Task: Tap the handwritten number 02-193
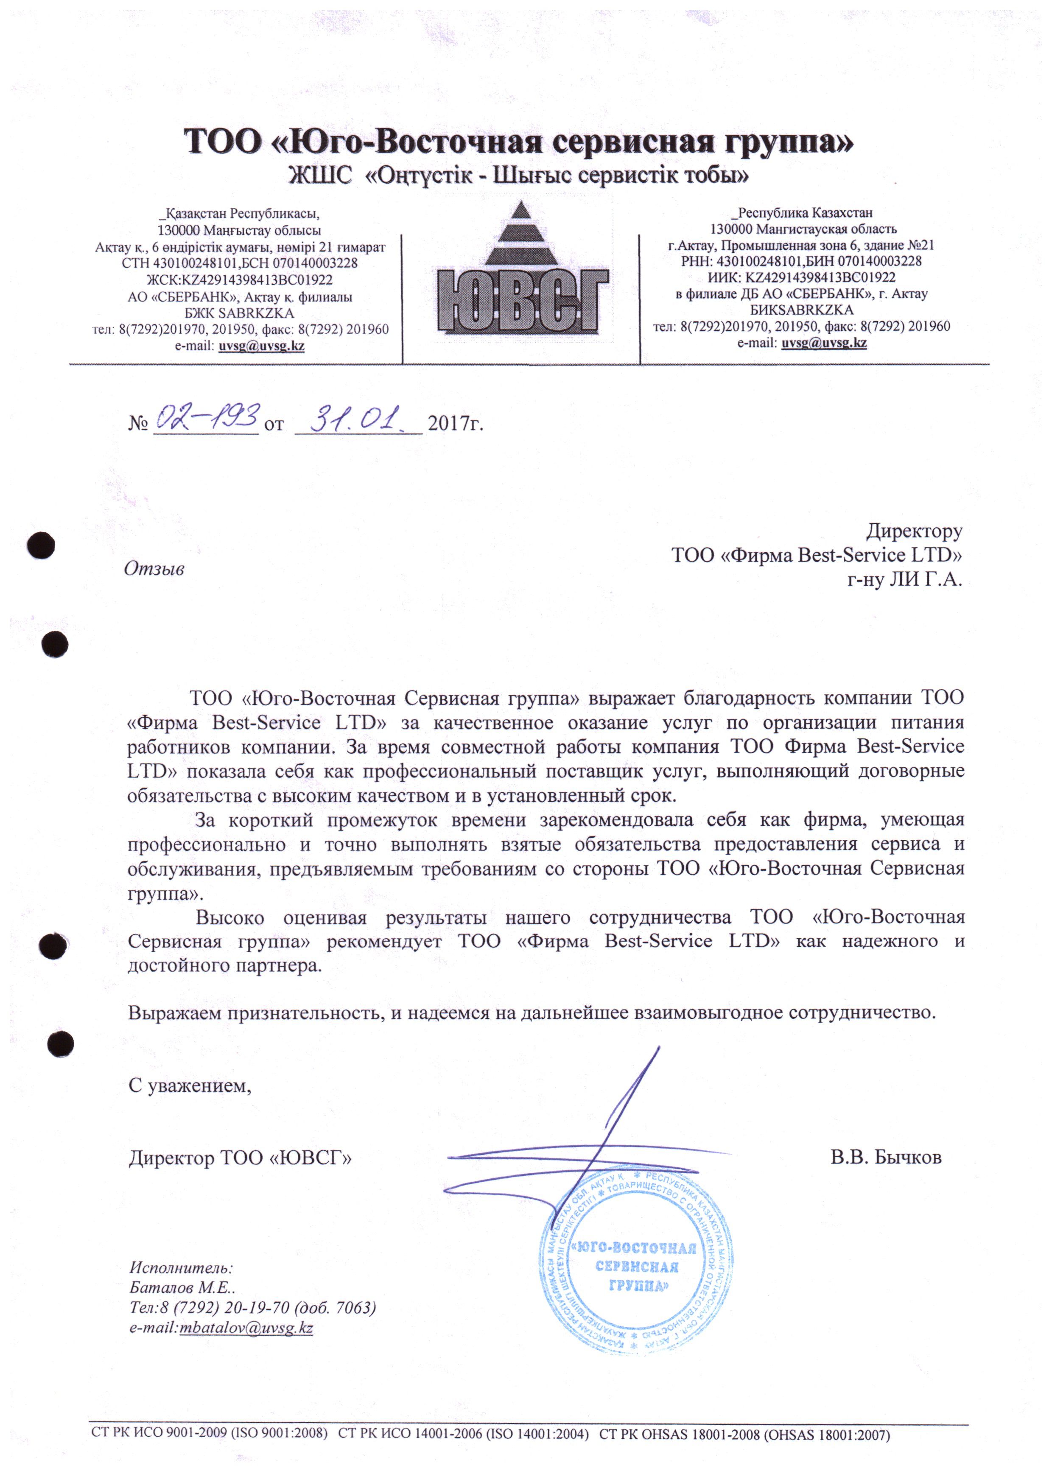click(x=206, y=418)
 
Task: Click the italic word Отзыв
click(x=154, y=569)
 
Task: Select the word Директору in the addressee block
click(x=914, y=531)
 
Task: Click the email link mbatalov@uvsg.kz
click(x=246, y=1328)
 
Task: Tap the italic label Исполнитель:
click(x=182, y=1267)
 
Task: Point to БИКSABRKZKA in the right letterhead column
click(x=801, y=310)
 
